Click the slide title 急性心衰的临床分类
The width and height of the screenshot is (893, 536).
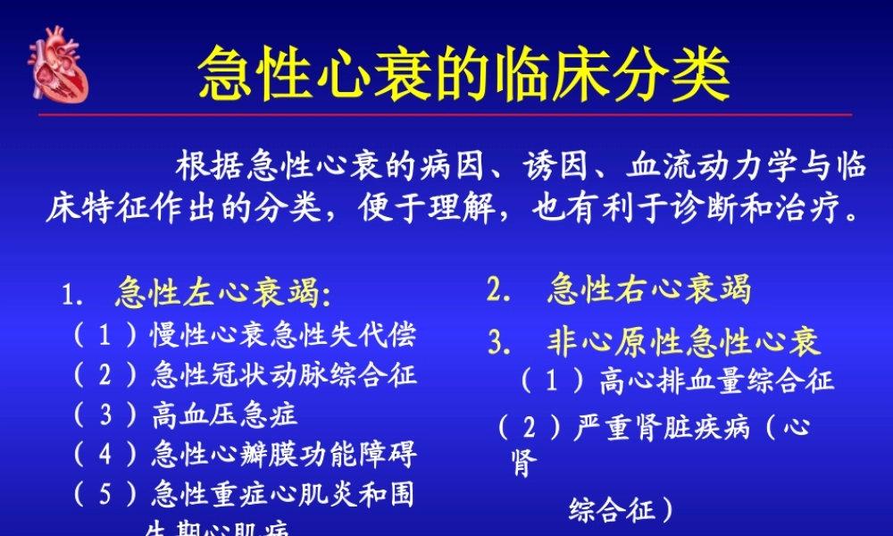point(463,72)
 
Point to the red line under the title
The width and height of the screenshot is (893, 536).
point(446,115)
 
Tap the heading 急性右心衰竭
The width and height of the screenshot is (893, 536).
point(649,289)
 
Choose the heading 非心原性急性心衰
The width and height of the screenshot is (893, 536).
point(683,341)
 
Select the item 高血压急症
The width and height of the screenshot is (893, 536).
point(224,415)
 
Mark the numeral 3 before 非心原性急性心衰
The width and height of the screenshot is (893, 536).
point(497,341)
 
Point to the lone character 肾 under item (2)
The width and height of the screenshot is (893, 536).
point(525,465)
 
